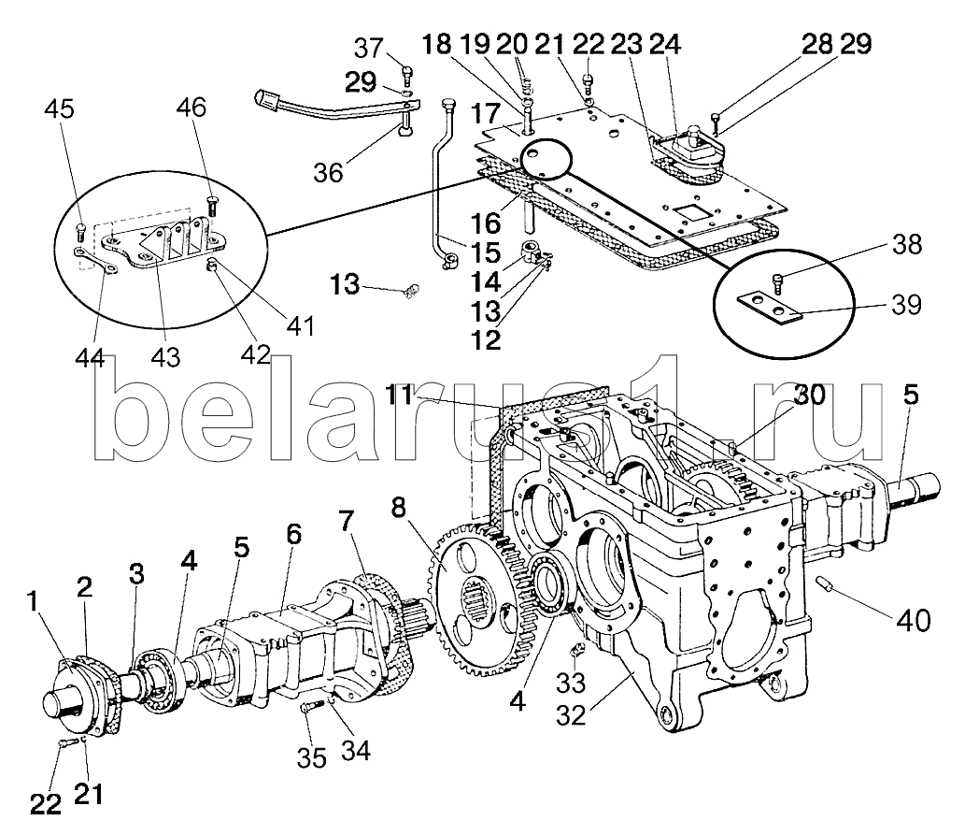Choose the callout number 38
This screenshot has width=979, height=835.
904,245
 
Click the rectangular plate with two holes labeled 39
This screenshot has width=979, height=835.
767,307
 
